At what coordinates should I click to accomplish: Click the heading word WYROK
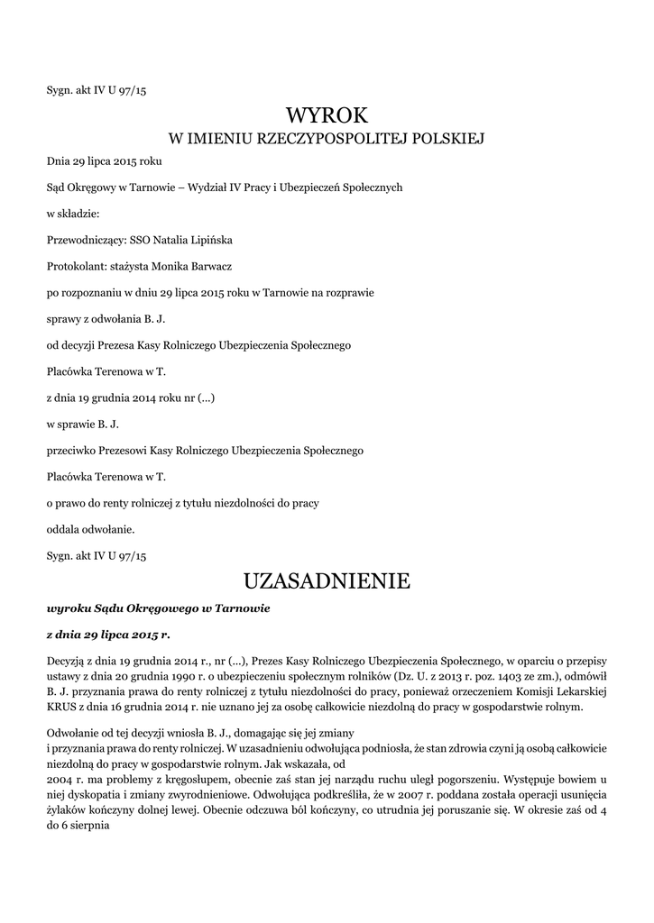pyautogui.click(x=327, y=115)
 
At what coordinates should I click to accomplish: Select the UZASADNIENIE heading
pyautogui.click(x=327, y=580)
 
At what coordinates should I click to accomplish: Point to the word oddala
pyautogui.click(x=62, y=529)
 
